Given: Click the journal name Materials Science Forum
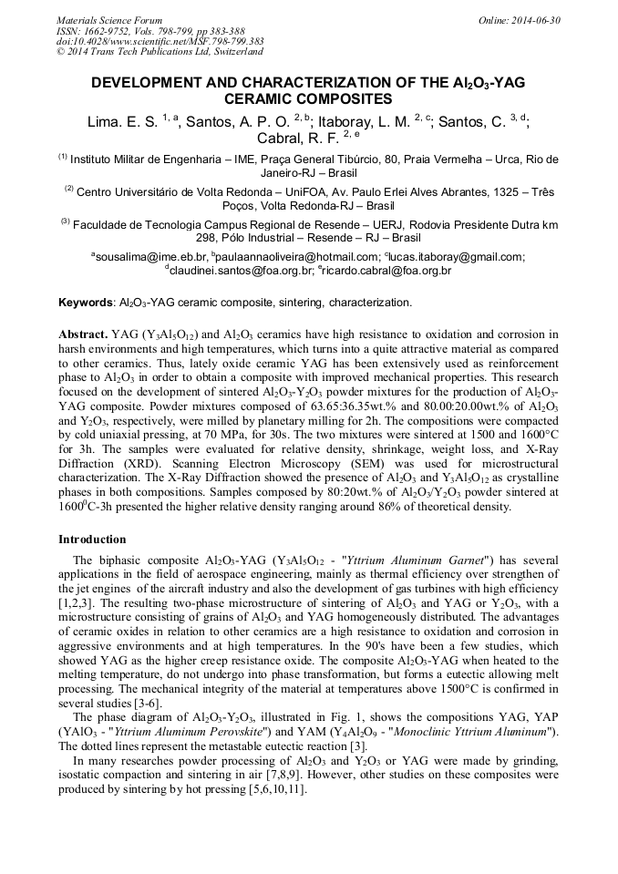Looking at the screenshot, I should click(109, 19).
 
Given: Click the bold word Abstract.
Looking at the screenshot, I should click(83, 334).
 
